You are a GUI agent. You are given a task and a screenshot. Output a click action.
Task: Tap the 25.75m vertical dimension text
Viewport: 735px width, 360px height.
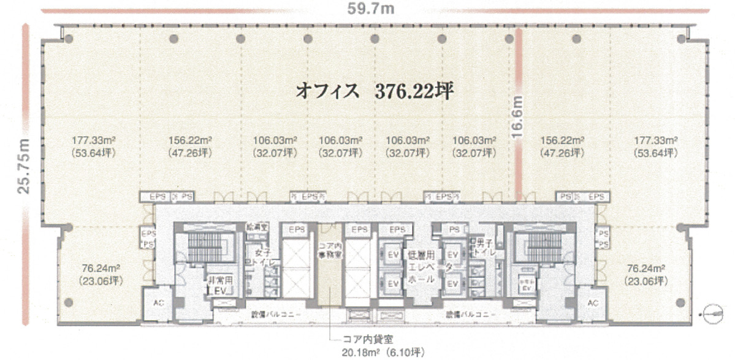coord(23,166)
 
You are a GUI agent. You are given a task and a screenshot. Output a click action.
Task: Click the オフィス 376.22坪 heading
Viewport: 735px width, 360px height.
coord(375,91)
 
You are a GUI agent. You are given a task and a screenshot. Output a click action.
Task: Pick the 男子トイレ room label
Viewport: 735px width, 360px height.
coord(481,246)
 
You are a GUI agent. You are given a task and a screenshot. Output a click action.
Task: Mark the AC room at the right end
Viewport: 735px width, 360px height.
coord(592,304)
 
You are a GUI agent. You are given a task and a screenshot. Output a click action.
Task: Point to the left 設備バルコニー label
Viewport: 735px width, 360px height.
coord(275,314)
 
